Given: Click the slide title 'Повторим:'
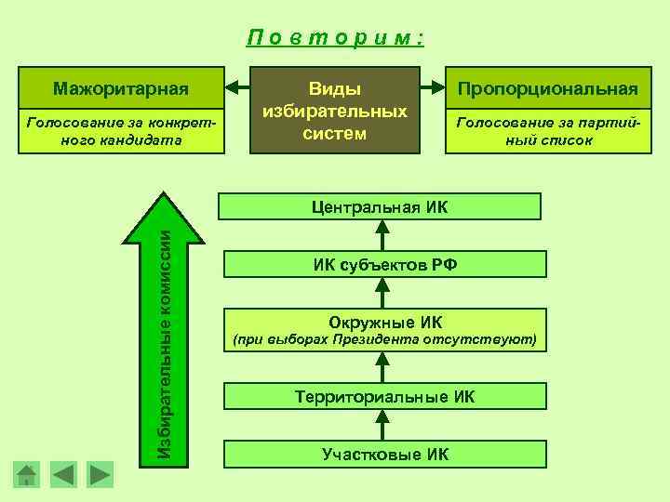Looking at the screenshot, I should point(336,38).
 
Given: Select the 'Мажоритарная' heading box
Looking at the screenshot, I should point(121,89).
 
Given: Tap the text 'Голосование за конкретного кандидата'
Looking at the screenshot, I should point(121,132).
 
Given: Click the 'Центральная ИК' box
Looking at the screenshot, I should point(380,205).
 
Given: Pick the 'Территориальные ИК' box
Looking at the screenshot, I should point(384,396).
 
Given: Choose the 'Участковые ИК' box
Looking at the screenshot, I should point(384,454).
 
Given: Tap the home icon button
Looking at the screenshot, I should point(28,475).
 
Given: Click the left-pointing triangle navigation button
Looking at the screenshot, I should point(63,474).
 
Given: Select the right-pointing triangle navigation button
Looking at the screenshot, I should point(100,474).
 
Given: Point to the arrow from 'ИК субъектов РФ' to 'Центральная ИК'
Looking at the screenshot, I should point(380,235).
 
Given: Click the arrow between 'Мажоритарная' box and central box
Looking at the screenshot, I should point(239,89).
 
